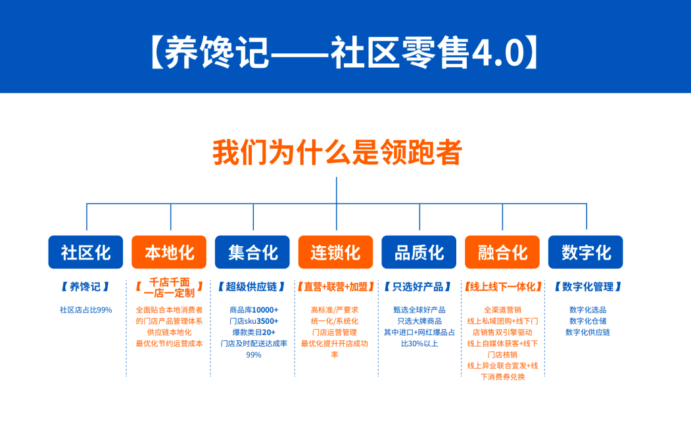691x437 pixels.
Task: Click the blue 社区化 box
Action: [x=85, y=252]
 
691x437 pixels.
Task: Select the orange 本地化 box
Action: [x=169, y=252]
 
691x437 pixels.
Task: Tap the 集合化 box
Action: [x=252, y=252]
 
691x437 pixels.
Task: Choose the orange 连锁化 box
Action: [x=335, y=252]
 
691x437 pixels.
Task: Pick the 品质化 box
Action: [x=419, y=252]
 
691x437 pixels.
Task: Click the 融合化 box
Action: [x=502, y=252]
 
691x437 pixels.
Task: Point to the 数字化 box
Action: [x=586, y=252]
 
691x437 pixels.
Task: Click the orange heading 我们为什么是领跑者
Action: [x=337, y=152]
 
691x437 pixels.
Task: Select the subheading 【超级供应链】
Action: [x=252, y=287]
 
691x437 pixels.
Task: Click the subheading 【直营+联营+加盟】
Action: [x=336, y=287]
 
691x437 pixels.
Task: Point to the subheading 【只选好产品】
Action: [x=419, y=287]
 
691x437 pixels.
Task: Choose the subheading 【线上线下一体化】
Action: [x=502, y=287]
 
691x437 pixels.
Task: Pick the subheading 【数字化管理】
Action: [x=588, y=287]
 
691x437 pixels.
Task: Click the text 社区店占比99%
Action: [x=86, y=310]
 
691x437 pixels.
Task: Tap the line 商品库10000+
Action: [x=254, y=310]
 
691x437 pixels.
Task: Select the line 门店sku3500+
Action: [x=254, y=321]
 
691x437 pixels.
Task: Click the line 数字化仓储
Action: [x=588, y=321]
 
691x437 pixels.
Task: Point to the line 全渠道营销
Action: [x=502, y=310]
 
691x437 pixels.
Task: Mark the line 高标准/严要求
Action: [x=335, y=310]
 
